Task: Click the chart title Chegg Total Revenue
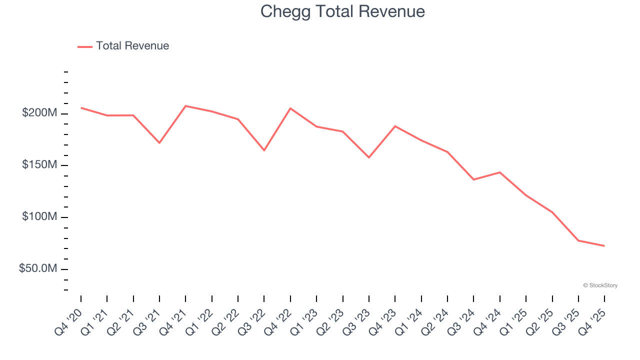point(342,11)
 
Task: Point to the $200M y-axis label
point(39,113)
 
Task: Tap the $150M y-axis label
point(39,165)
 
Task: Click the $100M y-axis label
point(39,217)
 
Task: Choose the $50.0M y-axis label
point(38,269)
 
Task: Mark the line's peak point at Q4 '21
point(185,106)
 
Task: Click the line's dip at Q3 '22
point(264,150)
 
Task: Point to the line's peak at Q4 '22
point(290,108)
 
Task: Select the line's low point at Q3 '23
point(369,157)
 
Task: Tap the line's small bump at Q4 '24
point(500,172)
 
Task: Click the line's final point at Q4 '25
point(604,245)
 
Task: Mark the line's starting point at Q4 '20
point(81,107)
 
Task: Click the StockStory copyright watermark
point(600,285)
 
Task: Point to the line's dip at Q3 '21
point(159,143)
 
